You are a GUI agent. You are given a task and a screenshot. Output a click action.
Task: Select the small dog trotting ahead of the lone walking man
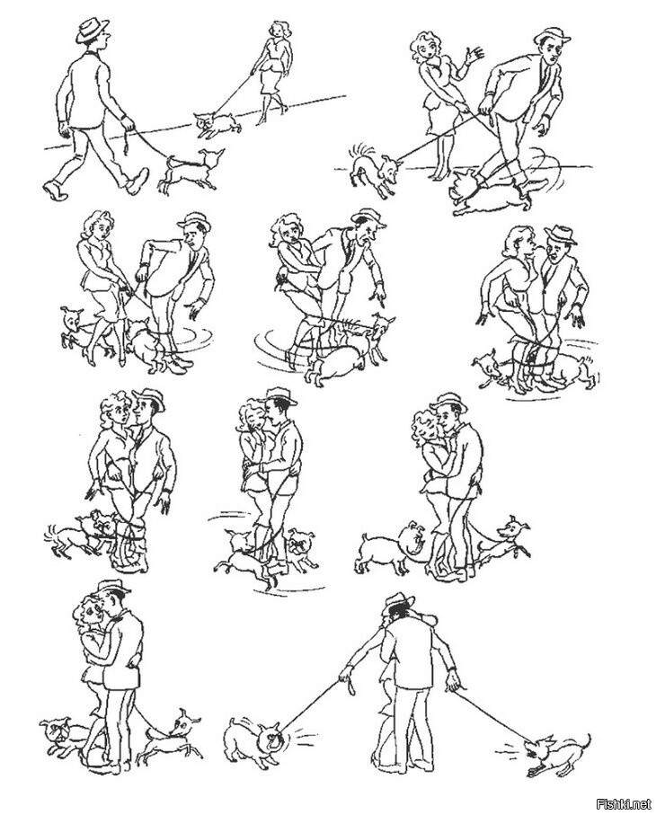[191, 170]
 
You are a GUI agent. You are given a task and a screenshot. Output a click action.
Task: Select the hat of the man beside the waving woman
[552, 37]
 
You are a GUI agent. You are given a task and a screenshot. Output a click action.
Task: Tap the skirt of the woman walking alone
[273, 80]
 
